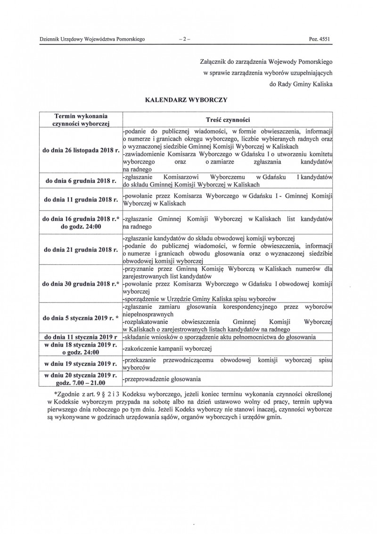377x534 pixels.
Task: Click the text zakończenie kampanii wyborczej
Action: [x=167, y=349]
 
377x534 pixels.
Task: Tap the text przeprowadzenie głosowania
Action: [x=162, y=379]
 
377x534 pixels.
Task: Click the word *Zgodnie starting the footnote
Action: [x=68, y=393]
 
